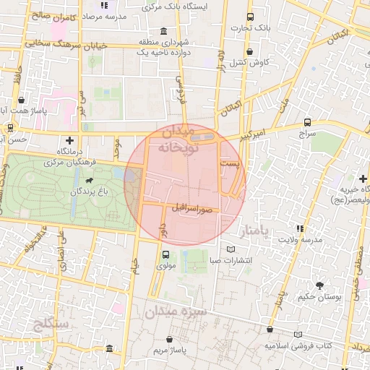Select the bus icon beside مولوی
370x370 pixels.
[x=166, y=254]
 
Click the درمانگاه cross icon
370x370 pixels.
[x=69, y=140]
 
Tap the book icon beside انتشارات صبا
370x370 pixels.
[x=231, y=249]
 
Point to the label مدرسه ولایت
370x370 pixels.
[x=300, y=238]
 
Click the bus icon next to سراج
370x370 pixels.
[x=308, y=122]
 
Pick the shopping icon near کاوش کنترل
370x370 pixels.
[x=249, y=51]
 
